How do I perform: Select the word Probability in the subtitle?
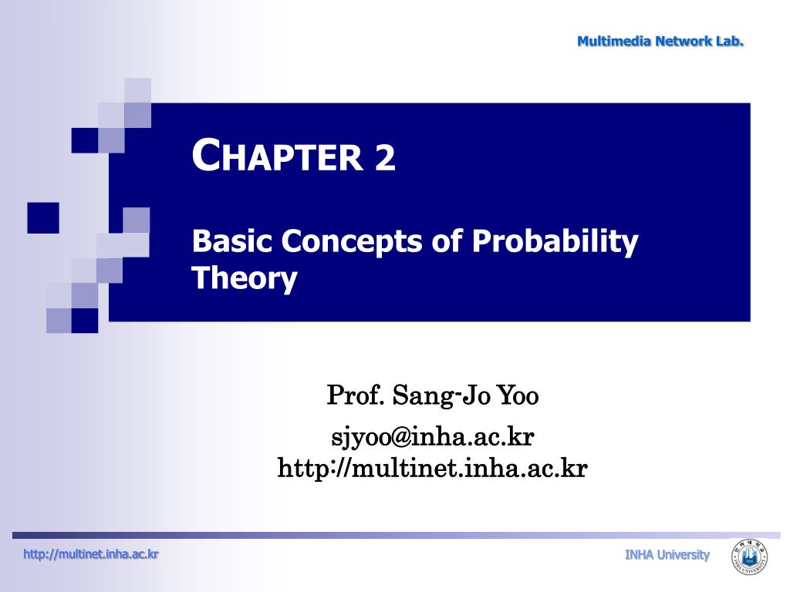[555, 242]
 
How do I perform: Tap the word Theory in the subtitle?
[244, 278]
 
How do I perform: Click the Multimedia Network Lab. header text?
[660, 42]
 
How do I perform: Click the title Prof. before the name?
[356, 396]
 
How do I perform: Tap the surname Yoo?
[518, 396]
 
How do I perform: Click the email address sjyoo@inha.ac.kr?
[432, 437]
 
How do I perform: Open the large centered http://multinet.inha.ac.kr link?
[432, 468]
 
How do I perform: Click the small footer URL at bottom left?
[91, 553]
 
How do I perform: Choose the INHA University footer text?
[667, 555]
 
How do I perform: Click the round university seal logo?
[749, 557]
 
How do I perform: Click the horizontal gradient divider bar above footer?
[386, 535]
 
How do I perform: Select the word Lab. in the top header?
[729, 42]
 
